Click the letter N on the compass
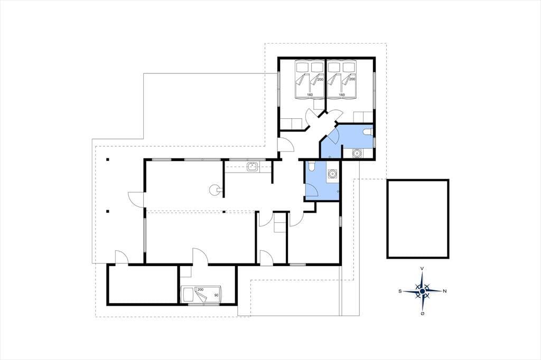(445, 291)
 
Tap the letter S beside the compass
(400, 291)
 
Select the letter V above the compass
(422, 268)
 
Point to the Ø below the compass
(422, 314)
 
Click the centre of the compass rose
(422, 291)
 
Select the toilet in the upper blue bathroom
(368, 132)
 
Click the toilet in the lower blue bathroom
(312, 166)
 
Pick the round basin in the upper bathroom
(357, 153)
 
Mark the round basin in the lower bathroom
(333, 174)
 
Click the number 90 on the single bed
(216, 295)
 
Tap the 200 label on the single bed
(200, 290)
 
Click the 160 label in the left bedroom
(310, 95)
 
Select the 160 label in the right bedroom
(342, 95)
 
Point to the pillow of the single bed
(189, 295)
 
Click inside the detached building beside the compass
(418, 219)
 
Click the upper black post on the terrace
(108, 159)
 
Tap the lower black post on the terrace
(108, 211)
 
